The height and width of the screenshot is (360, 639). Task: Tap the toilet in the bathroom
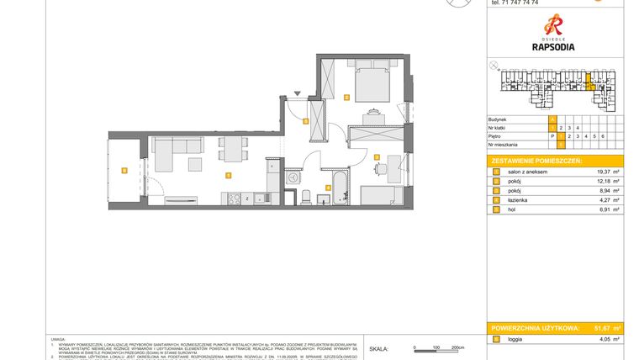point(308,197)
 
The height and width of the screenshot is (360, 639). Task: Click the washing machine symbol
point(292,177)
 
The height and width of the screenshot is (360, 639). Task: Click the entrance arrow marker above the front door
point(295,94)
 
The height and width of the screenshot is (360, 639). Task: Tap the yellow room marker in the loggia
point(124,171)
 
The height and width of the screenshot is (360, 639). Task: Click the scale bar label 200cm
point(457,347)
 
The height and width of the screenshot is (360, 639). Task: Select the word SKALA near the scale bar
point(379,347)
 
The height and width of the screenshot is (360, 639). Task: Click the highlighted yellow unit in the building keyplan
point(590,83)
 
